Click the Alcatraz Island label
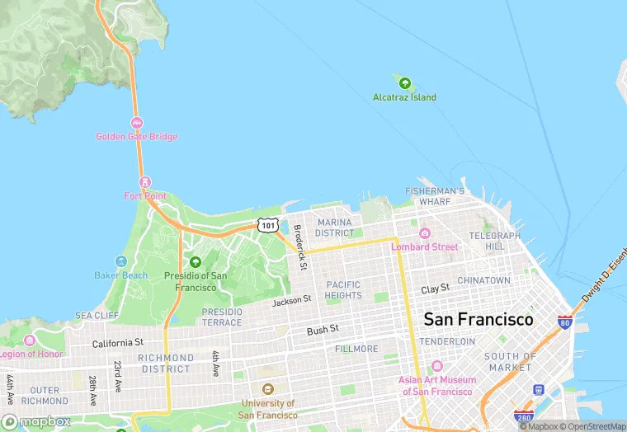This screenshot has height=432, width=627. point(404,97)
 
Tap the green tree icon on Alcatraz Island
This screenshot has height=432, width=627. point(405,82)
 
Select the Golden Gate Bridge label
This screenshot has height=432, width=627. point(136,136)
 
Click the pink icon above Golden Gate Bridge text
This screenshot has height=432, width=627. point(136,123)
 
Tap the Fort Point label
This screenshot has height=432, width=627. point(145,196)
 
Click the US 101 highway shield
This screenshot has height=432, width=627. point(267,224)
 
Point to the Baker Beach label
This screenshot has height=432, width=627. point(121,275)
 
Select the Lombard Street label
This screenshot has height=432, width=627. point(424,247)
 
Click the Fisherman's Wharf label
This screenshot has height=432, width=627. point(435,196)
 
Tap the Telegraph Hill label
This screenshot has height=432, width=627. point(495,241)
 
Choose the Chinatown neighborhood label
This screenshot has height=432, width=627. point(484,280)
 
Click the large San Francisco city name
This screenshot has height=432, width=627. point(478,319)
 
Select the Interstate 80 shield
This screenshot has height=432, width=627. point(565,322)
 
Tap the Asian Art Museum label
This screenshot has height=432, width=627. point(437,385)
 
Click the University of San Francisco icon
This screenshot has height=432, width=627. point(267,389)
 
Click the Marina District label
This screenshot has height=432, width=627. point(334,228)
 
